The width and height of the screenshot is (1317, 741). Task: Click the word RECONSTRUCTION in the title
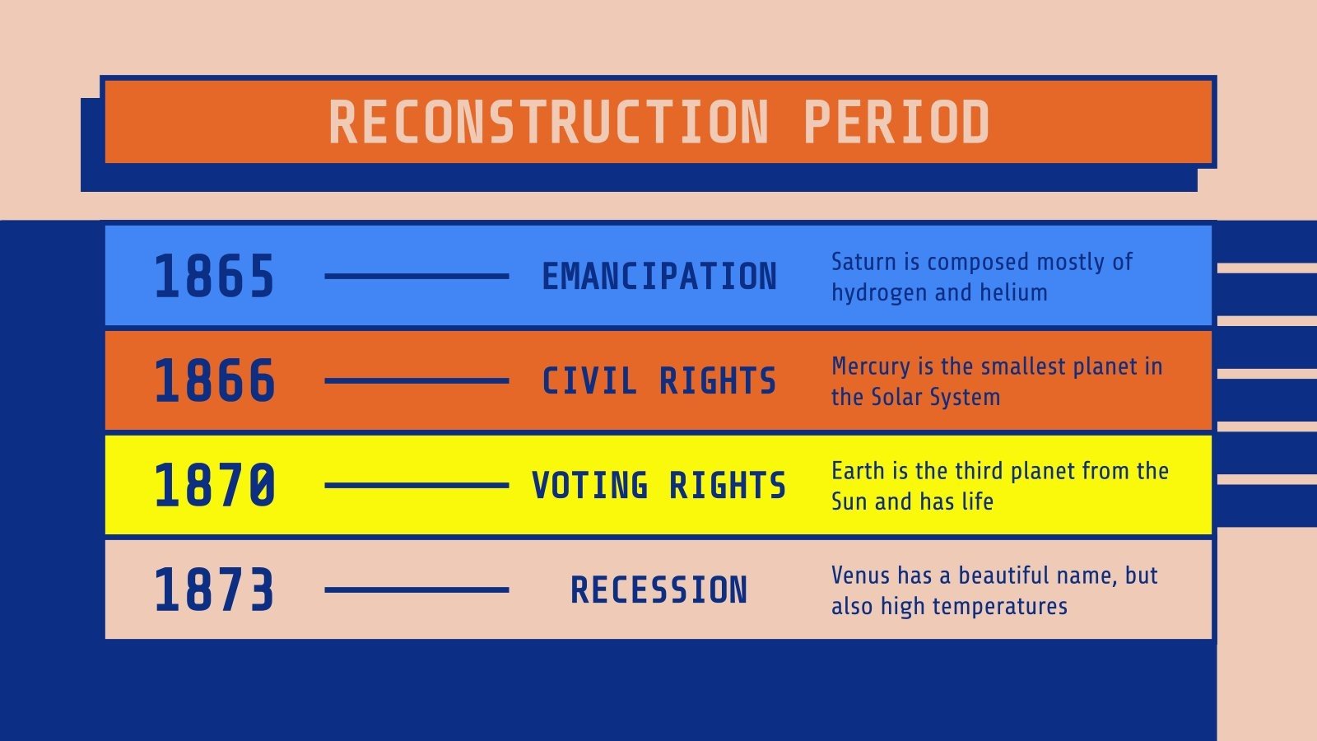tap(548, 123)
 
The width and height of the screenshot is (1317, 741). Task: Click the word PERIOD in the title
tap(896, 123)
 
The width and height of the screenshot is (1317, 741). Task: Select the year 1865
tap(214, 276)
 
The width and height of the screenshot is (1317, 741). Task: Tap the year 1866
tap(214, 380)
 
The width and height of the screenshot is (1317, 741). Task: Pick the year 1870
tap(214, 485)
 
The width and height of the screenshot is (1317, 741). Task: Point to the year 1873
tap(214, 590)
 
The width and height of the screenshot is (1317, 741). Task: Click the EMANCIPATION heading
tap(658, 277)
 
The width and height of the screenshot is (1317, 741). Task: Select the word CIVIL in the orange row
tap(589, 381)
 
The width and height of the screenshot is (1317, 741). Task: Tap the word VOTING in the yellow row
tap(589, 486)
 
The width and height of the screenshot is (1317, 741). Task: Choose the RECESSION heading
tap(658, 590)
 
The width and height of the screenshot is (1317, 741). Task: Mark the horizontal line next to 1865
tap(417, 276)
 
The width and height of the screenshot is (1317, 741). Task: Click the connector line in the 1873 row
tap(417, 590)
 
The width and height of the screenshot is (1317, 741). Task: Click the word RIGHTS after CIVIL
tap(718, 381)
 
